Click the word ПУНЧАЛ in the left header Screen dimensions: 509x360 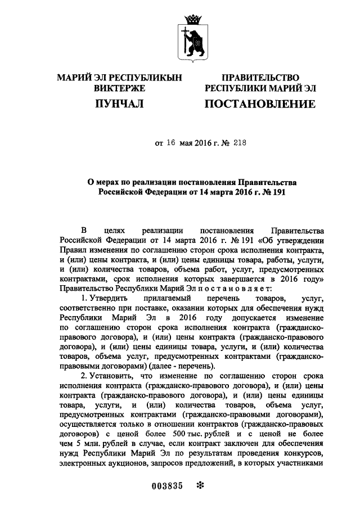[x=119, y=103]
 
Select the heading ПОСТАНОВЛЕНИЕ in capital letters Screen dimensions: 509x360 [x=260, y=103]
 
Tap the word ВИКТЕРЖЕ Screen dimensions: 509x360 [x=119, y=88]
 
